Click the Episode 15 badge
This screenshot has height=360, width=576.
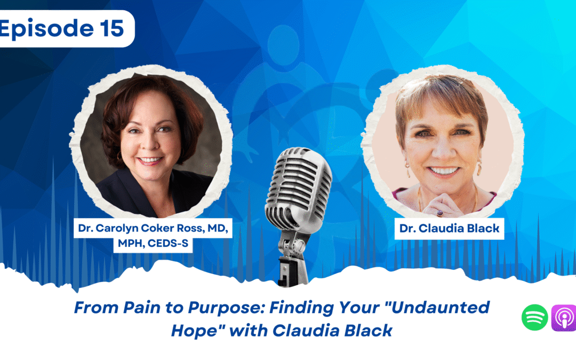(64, 29)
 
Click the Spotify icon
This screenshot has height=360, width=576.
(534, 318)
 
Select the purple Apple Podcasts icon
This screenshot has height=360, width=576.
(563, 318)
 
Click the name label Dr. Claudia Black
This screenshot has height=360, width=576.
(449, 229)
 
